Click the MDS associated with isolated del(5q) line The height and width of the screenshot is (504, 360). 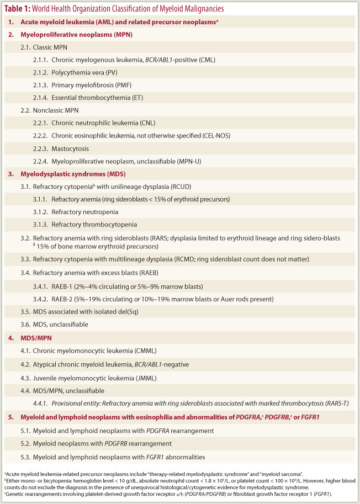86,312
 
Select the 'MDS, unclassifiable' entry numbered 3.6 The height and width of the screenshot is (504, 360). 63,325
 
